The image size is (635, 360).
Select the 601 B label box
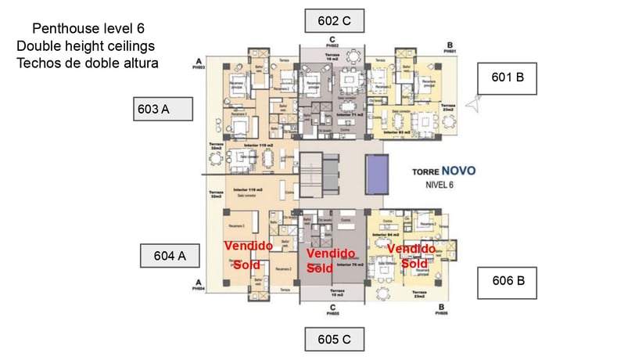(x=508, y=78)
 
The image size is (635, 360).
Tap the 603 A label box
(x=163, y=110)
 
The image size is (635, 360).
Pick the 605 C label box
(x=334, y=340)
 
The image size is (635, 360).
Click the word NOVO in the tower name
(x=457, y=171)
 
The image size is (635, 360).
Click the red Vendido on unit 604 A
(x=248, y=246)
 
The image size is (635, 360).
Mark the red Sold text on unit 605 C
(x=319, y=268)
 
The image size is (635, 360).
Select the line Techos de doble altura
(x=88, y=63)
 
